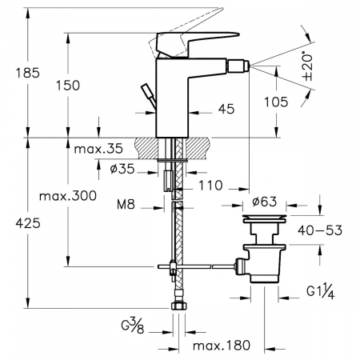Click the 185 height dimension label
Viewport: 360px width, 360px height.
point(28,73)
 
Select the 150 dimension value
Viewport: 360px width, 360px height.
point(68,86)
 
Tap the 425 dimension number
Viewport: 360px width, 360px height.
point(28,223)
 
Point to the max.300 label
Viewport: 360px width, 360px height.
point(68,196)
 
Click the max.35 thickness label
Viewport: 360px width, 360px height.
point(98,149)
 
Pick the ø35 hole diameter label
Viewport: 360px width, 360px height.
point(122,169)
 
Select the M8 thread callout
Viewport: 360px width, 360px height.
point(126,205)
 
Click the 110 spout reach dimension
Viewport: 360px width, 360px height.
point(210,186)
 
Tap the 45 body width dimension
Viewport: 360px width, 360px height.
point(226,109)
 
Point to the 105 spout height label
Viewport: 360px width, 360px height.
point(276,102)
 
